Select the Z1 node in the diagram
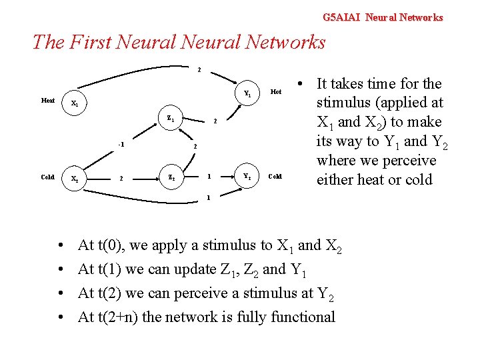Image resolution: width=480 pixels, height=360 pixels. [171, 119]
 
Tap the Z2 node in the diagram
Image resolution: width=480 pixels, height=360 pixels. [171, 178]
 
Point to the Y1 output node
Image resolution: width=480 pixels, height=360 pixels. [247, 93]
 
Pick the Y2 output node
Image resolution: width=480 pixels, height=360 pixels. [247, 177]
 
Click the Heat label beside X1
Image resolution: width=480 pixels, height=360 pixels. [48, 101]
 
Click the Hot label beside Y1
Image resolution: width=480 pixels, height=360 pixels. [276, 92]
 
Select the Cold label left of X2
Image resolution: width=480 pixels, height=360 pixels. [48, 177]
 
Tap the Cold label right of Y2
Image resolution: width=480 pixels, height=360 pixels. [275, 177]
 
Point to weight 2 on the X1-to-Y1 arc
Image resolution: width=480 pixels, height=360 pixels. [198, 69]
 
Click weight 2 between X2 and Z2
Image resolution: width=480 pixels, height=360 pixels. [120, 178]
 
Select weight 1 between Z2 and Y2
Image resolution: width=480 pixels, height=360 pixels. [209, 177]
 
